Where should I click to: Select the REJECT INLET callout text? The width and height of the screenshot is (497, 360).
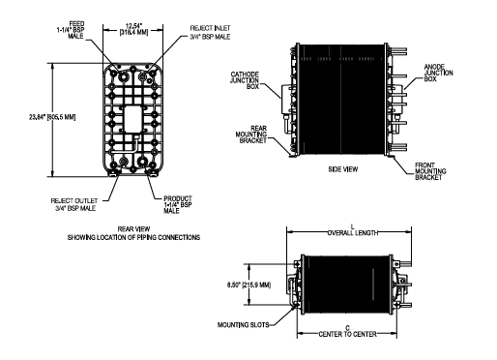pos(210,33)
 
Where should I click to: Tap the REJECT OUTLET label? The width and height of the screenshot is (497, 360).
pos(74,204)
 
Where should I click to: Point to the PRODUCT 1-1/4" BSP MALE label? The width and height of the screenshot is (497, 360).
pos(178,204)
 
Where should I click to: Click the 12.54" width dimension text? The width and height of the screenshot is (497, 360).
pos(133,29)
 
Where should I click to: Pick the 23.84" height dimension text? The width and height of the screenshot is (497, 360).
pos(52,117)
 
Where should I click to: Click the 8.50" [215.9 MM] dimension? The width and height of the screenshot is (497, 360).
pos(248,285)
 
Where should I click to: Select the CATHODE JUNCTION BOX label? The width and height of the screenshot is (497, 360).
pos(245,80)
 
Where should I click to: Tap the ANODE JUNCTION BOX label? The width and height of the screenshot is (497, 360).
pos(438,73)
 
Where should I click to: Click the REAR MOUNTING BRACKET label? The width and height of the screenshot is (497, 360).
pos(251,135)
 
